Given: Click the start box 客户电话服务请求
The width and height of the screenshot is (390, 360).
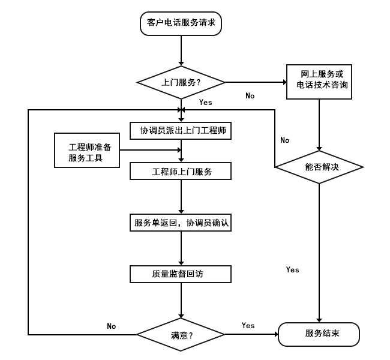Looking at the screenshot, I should pyautogui.click(x=181, y=23).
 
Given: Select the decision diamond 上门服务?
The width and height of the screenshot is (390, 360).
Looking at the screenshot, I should pyautogui.click(x=181, y=82).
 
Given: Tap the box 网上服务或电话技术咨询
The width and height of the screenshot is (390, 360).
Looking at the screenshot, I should pyautogui.click(x=318, y=81).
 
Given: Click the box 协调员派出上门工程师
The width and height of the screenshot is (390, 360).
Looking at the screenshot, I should pyautogui.click(x=181, y=130).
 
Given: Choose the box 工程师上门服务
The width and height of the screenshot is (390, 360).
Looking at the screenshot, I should pyautogui.click(x=181, y=172).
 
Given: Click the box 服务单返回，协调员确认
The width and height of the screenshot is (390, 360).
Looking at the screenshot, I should pyautogui.click(x=181, y=223).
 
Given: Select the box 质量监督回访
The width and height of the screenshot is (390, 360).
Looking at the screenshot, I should pyautogui.click(x=181, y=274).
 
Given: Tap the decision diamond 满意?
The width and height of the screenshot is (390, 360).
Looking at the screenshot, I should pyautogui.click(x=181, y=334).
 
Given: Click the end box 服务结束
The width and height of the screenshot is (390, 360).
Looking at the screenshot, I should pyautogui.click(x=318, y=334).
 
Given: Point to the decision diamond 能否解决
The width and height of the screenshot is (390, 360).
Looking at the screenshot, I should pyautogui.click(x=319, y=166).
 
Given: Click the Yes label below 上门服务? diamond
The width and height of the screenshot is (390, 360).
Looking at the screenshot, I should pyautogui.click(x=205, y=103).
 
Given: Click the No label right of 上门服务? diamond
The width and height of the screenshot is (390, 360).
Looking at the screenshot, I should pyautogui.click(x=250, y=96).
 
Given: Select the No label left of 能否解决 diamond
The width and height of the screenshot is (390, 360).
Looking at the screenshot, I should pyautogui.click(x=284, y=140).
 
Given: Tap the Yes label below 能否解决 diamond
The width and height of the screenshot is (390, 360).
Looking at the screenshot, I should pyautogui.click(x=292, y=270).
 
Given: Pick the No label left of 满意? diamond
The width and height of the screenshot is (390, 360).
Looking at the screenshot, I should pyautogui.click(x=111, y=326).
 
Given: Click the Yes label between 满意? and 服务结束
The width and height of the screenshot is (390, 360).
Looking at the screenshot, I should pyautogui.click(x=248, y=326).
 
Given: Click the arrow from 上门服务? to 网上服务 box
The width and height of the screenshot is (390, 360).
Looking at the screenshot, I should pyautogui.click(x=255, y=82).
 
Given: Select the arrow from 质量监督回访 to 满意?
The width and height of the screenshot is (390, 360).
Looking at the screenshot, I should pyautogui.click(x=181, y=300).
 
